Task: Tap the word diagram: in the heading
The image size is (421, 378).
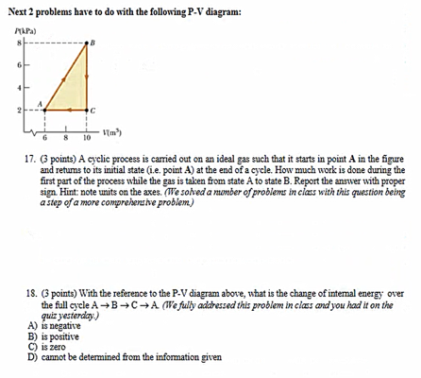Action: pos(208,10)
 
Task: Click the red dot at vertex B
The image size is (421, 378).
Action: pos(88,44)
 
